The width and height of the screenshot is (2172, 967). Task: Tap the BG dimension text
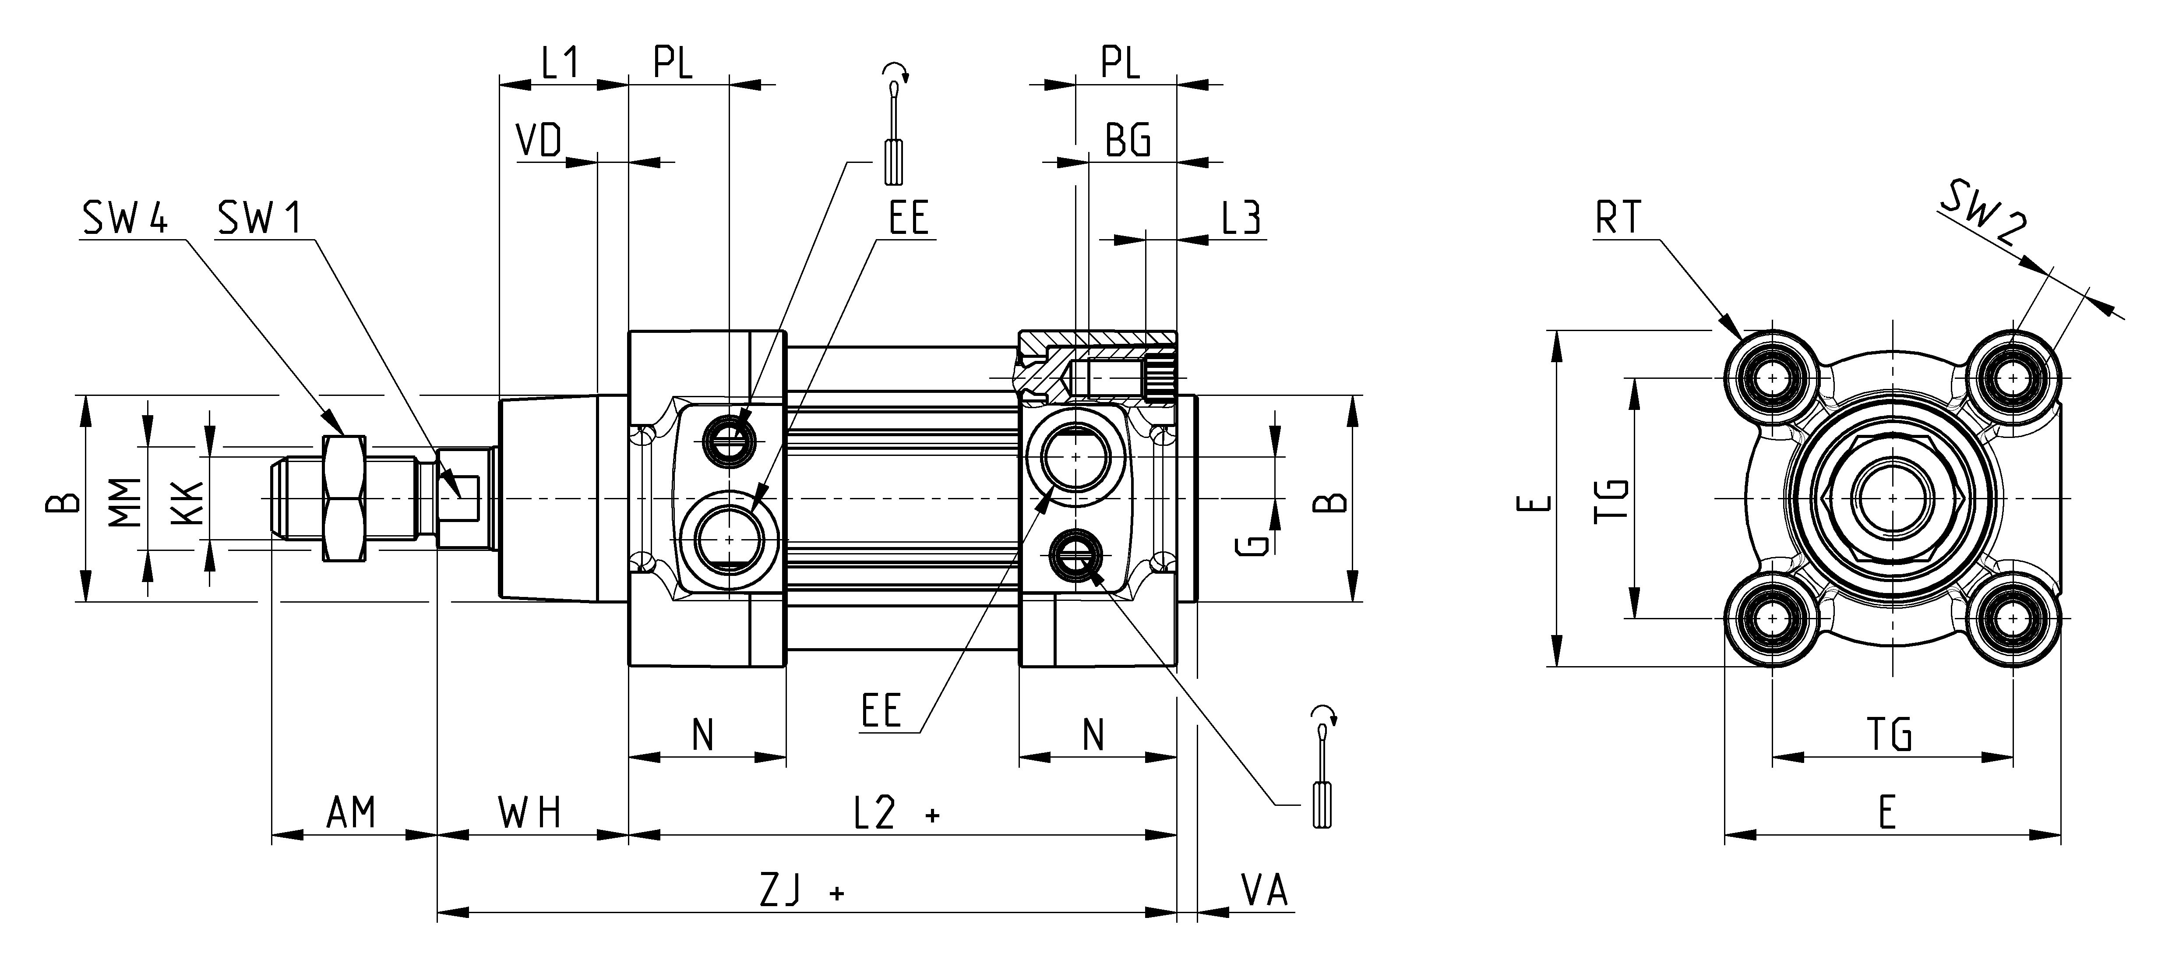click(x=1127, y=140)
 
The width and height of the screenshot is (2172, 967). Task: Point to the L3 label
click(x=1241, y=218)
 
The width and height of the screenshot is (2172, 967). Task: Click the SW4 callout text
click(x=125, y=219)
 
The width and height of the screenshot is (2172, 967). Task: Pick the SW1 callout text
click(x=259, y=219)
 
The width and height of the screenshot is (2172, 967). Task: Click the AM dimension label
click(x=351, y=813)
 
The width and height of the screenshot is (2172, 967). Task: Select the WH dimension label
click(x=529, y=813)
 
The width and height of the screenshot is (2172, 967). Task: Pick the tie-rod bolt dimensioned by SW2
click(x=2013, y=378)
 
